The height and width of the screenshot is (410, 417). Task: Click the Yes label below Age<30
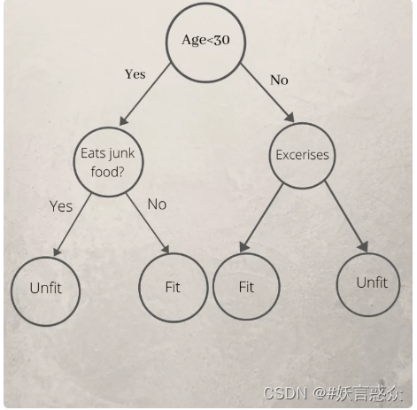135,74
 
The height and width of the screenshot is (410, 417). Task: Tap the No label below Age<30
279,80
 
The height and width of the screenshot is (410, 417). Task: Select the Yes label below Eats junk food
61,206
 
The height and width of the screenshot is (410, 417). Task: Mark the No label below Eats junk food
157,205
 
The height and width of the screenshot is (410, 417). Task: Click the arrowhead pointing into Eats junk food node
123,120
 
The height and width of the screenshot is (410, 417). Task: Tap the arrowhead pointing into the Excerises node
290,117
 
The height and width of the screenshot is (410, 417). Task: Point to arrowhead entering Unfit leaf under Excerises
364,247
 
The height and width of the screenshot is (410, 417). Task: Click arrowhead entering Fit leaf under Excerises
243,247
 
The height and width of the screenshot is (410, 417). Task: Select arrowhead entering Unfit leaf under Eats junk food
57,251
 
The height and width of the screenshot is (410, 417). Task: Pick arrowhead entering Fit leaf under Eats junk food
166,249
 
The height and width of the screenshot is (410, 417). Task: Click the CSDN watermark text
333,393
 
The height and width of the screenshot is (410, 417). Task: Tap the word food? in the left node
107,172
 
